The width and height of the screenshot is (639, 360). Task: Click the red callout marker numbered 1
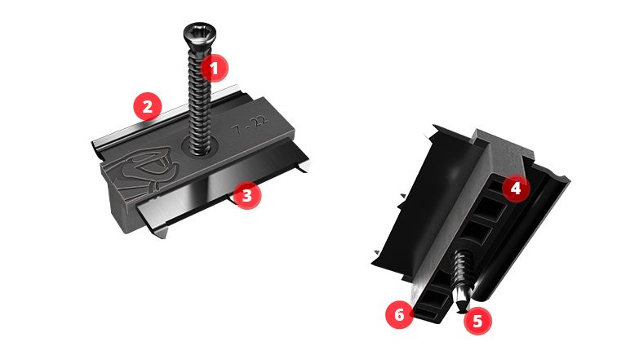click(x=214, y=68)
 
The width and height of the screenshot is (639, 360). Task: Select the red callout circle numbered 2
click(x=148, y=106)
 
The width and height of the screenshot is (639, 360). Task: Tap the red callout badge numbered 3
click(x=246, y=195)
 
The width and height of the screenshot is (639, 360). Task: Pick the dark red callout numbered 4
click(x=516, y=189)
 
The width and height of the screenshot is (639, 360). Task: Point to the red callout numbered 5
click(x=477, y=322)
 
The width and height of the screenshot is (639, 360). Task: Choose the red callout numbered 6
click(x=399, y=314)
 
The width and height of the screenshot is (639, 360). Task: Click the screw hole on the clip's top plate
click(x=200, y=147)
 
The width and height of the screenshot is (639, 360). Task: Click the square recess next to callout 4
click(x=495, y=188)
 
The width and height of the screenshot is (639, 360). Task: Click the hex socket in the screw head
click(x=199, y=30)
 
